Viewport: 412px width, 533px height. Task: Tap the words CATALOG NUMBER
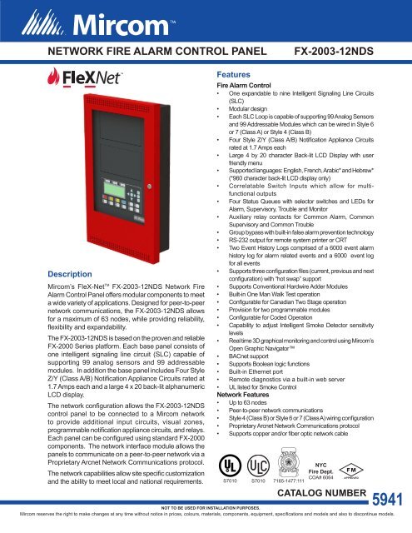[x=320, y=495]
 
